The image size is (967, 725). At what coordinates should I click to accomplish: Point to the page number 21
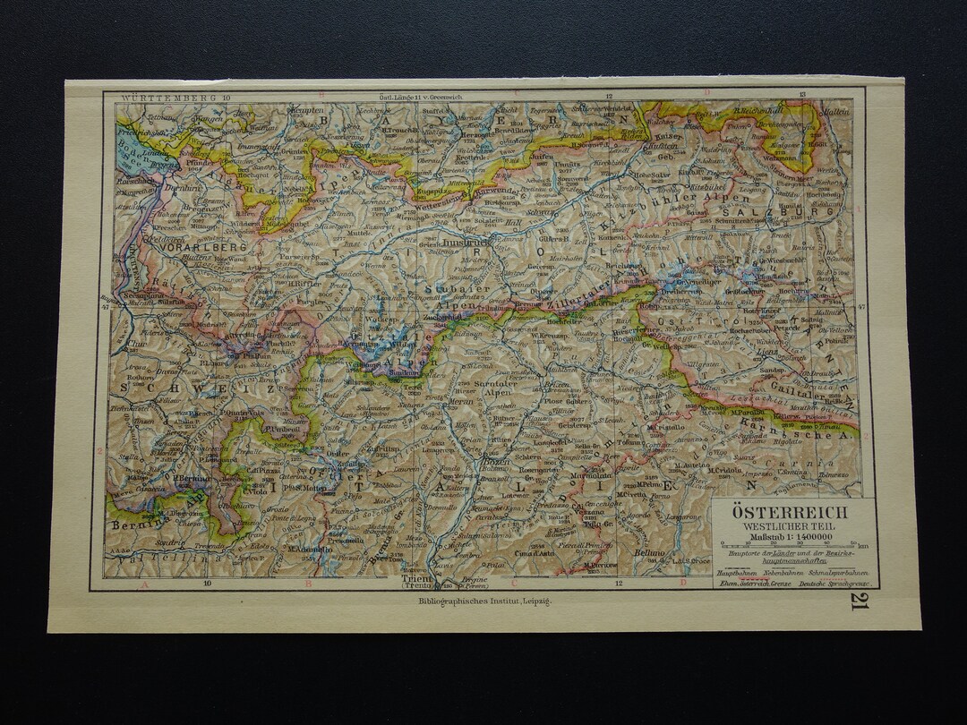859,601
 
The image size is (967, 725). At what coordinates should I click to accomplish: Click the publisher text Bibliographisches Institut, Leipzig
485,602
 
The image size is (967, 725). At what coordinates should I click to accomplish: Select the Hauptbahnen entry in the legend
737,570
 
